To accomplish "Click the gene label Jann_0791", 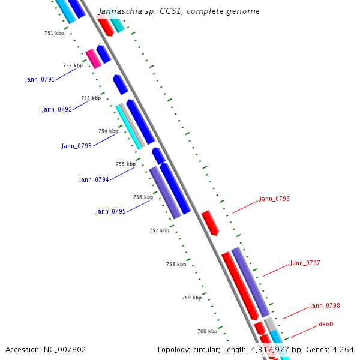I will point(40,79).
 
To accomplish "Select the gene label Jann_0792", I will point(56,109).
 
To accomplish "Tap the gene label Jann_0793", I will point(76,146).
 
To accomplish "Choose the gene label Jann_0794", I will point(94,179).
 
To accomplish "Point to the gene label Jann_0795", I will point(110,211).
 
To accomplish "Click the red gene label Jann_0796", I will point(274,199).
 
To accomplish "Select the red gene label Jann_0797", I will point(305,263).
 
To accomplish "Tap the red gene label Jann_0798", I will point(325,305).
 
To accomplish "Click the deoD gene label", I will point(326,324).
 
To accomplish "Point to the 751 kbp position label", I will point(54,33).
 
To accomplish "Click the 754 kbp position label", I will point(109,131).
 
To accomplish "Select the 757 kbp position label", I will point(159,230).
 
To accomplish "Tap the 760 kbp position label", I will point(207,331).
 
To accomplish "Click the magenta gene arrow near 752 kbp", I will point(94,59).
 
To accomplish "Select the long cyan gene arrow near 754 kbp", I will point(129,127).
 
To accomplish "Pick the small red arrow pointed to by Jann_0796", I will point(210,222).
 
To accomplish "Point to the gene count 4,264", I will point(341,349).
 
